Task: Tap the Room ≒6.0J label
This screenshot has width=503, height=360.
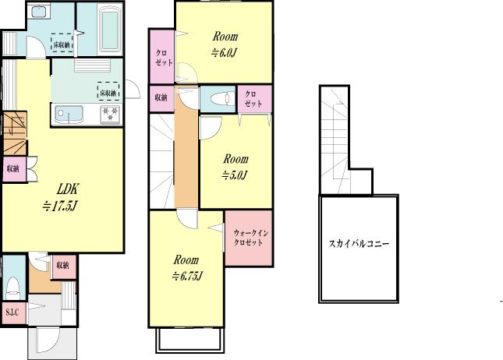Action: click(223, 44)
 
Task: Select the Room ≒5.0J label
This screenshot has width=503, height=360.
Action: click(234, 166)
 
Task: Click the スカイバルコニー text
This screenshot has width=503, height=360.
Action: click(359, 244)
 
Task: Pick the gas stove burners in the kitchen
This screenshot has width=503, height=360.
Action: click(108, 115)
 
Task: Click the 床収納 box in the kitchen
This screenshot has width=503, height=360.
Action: click(108, 91)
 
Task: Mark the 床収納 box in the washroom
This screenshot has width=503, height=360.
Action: click(62, 44)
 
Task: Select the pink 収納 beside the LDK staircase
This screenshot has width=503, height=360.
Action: click(13, 169)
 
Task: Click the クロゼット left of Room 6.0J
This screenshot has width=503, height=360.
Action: click(162, 57)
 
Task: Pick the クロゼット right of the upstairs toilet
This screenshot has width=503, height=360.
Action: click(254, 98)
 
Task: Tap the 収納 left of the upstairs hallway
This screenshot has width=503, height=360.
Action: click(161, 98)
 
